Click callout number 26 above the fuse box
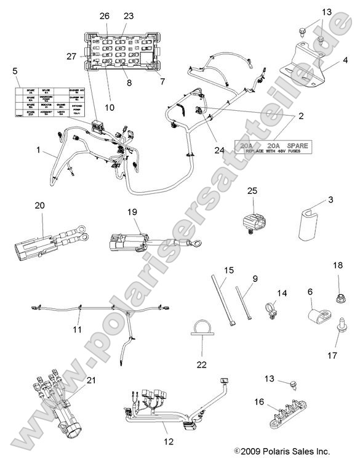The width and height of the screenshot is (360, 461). (104, 15)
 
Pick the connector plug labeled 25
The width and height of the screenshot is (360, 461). (253, 222)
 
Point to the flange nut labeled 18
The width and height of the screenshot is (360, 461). (340, 300)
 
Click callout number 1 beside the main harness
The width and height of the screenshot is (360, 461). (39, 150)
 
